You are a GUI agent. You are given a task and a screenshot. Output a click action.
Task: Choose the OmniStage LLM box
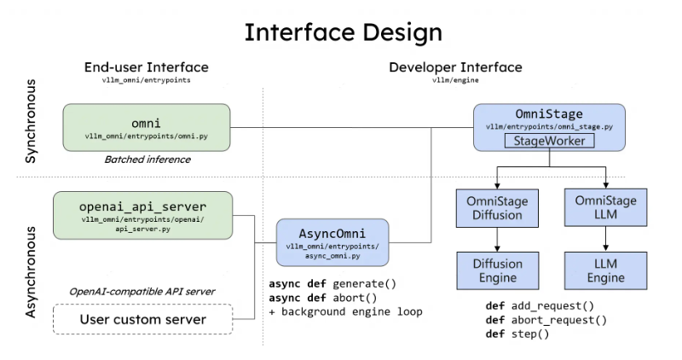point(606,207)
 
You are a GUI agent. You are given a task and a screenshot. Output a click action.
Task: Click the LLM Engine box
point(606,270)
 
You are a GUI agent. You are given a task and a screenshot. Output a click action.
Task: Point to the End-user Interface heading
point(146,67)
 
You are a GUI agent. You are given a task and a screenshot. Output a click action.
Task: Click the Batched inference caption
point(147,160)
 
